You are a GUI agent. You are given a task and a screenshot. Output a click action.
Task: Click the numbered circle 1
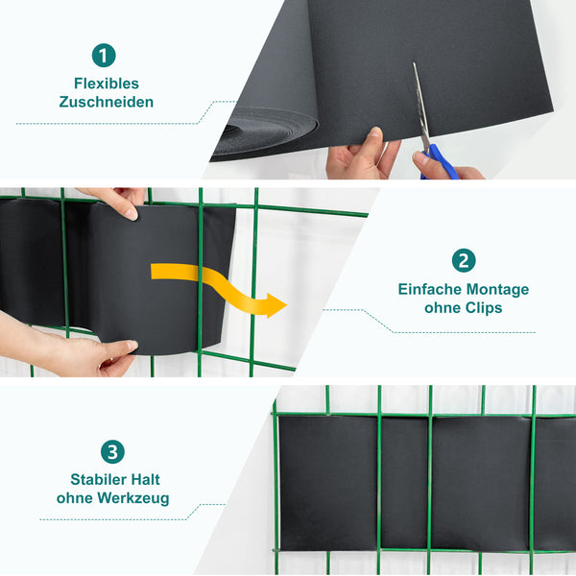point(104,56)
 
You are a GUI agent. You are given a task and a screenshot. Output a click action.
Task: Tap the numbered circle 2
point(464,260)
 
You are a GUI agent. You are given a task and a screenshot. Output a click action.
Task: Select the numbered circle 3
point(112,452)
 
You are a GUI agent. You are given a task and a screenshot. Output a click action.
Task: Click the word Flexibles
point(107,84)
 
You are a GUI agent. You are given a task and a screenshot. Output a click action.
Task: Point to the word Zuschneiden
point(107,102)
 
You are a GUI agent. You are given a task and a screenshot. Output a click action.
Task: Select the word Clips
point(484,308)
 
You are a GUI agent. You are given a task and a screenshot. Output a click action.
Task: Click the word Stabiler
point(97,479)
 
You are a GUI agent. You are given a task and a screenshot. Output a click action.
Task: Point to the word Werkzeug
point(133,499)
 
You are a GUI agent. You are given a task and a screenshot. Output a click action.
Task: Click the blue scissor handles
point(441,161)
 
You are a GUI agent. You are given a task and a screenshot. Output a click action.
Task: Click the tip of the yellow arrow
point(287,305)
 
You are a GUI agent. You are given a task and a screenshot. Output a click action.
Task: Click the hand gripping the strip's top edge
point(117,202)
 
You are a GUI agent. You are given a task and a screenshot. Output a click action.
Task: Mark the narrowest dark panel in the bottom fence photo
point(404,482)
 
